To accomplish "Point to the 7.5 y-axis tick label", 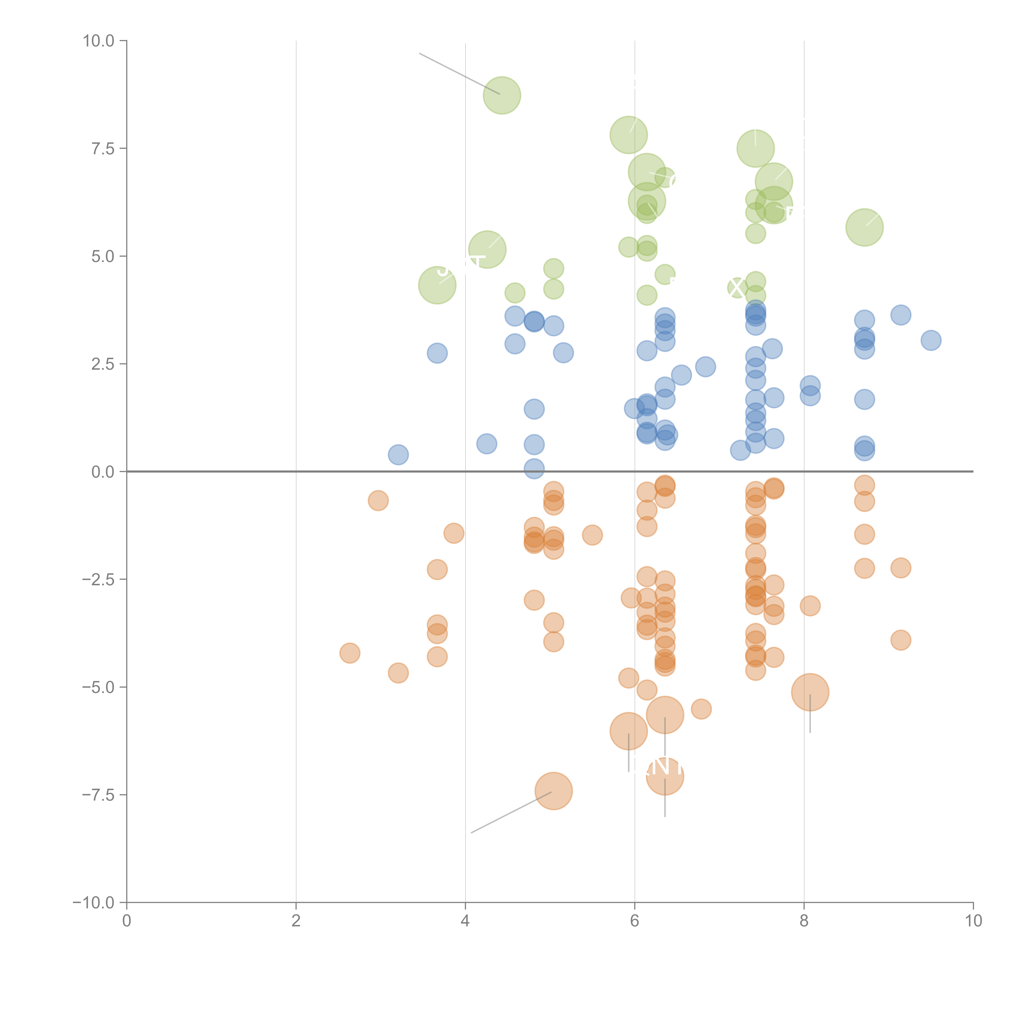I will tap(103, 148).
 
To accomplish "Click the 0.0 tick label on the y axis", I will tap(103, 472).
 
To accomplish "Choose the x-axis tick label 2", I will tap(296, 921).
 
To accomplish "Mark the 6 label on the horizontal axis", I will tap(635, 921).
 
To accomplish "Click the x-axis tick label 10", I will tap(973, 921).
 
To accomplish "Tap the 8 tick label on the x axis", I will tap(804, 921).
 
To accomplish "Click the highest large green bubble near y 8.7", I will tap(502, 95).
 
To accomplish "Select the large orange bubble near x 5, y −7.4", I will tap(553, 791).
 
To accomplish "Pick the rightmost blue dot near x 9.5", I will tap(931, 340).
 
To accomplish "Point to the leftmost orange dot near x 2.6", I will tap(350, 653).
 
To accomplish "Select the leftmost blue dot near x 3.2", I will tap(398, 454).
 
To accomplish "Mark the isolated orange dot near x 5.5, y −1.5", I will tap(592, 535).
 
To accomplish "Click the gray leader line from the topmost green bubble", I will tap(459, 73).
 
